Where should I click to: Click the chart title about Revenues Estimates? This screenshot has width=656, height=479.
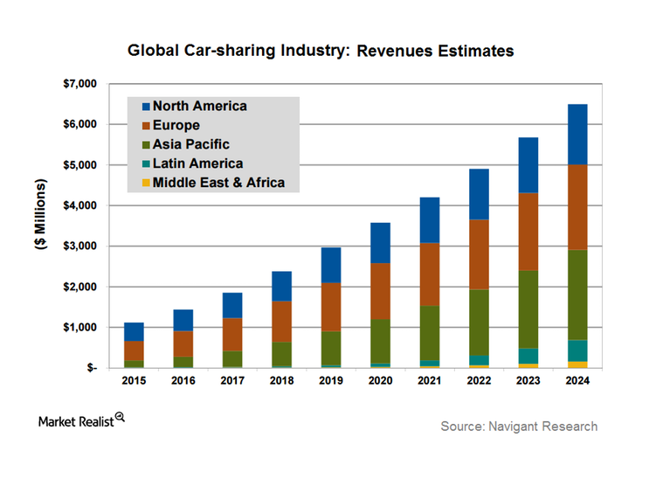point(321,51)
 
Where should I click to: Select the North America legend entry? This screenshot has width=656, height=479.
point(200,107)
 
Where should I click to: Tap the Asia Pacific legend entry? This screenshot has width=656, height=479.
point(191,144)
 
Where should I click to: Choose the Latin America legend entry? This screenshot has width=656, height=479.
point(197,163)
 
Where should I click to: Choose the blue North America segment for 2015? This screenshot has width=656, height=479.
point(135,331)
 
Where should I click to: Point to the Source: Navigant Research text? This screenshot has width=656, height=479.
point(519,427)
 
